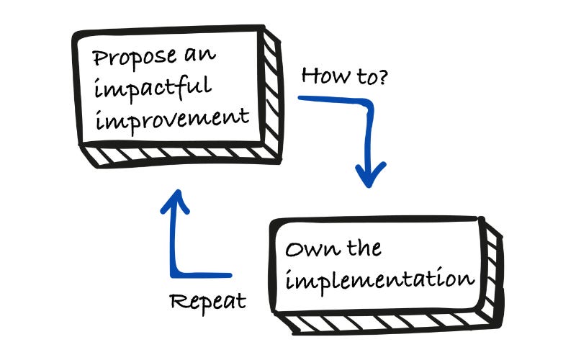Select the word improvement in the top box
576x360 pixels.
tap(174, 117)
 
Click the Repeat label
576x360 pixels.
tap(207, 301)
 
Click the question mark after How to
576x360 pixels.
tap(382, 74)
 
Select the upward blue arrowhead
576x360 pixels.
tap(175, 202)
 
